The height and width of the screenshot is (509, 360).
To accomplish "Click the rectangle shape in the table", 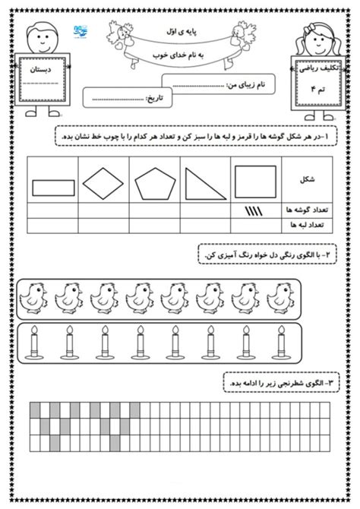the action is tap(53, 188).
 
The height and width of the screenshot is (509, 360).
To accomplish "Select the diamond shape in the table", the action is tap(103, 184).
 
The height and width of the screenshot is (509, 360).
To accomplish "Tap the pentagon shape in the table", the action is tap(154, 185).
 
